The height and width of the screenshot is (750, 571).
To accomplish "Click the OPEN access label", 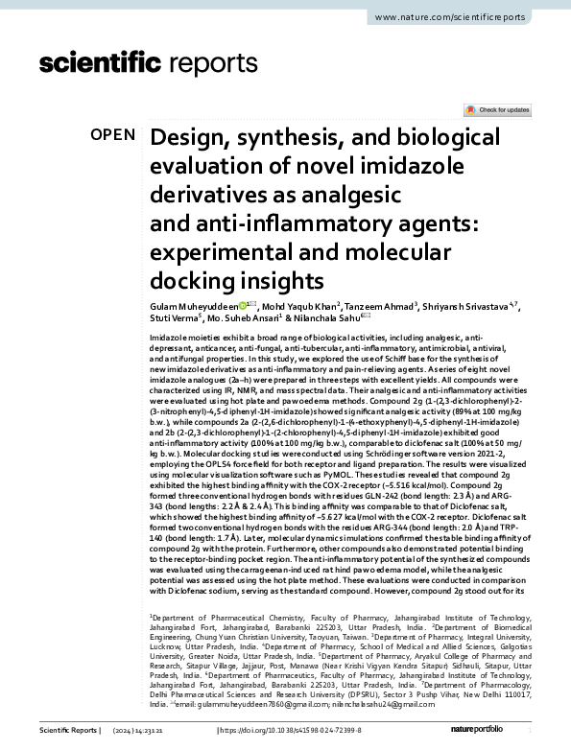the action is click(x=113, y=135).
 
